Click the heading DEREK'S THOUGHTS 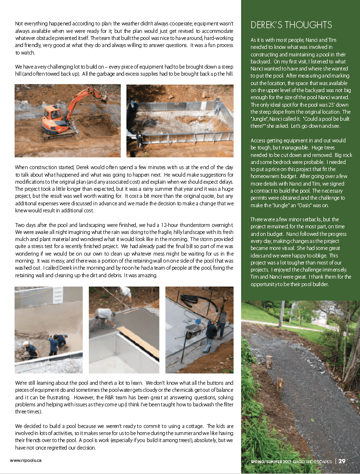pyautogui.click(x=291, y=25)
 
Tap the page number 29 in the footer pyautogui.click(x=342, y=461)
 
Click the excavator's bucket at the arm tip pyautogui.click(x=103, y=99)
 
